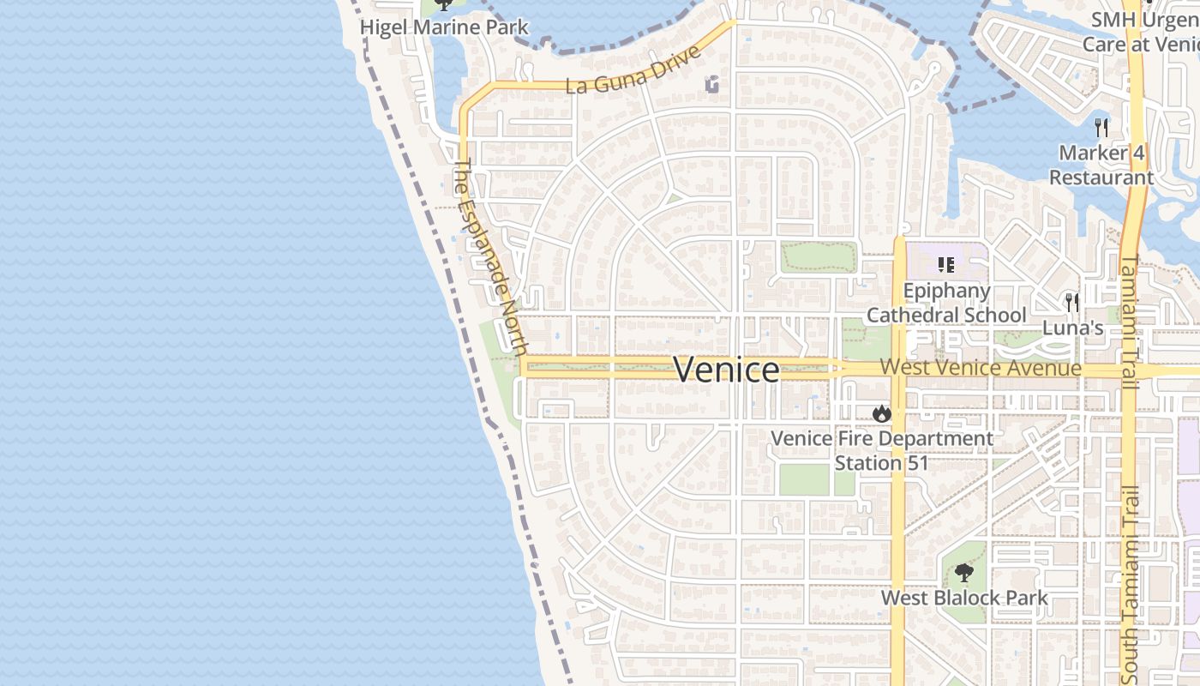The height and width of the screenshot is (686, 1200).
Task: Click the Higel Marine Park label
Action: [x=444, y=27]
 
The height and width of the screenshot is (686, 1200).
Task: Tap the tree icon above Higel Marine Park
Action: [x=443, y=3]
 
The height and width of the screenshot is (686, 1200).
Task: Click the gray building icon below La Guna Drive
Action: [x=711, y=84]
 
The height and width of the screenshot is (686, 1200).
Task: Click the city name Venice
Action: [x=727, y=370]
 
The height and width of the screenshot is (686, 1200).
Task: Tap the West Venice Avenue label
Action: [x=981, y=368]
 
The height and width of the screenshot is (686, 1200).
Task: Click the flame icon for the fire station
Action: [x=881, y=414]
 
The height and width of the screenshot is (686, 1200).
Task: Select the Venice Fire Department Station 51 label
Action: [x=882, y=451]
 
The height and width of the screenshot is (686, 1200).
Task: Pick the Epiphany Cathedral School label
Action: [x=946, y=304]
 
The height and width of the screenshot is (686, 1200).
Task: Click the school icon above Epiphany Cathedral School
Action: [x=946, y=264]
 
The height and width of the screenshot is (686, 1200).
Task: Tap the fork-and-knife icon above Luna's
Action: [x=1071, y=302]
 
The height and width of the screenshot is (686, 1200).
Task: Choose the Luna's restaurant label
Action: [x=1072, y=328]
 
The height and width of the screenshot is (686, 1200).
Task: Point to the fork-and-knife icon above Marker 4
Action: [x=1101, y=128]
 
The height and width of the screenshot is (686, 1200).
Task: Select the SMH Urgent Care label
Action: [x=1140, y=32]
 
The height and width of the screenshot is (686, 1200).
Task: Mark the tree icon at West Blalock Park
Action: [x=964, y=572]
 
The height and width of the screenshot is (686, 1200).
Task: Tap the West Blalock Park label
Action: [x=964, y=598]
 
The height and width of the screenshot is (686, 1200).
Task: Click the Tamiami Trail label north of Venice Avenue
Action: [x=1129, y=322]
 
